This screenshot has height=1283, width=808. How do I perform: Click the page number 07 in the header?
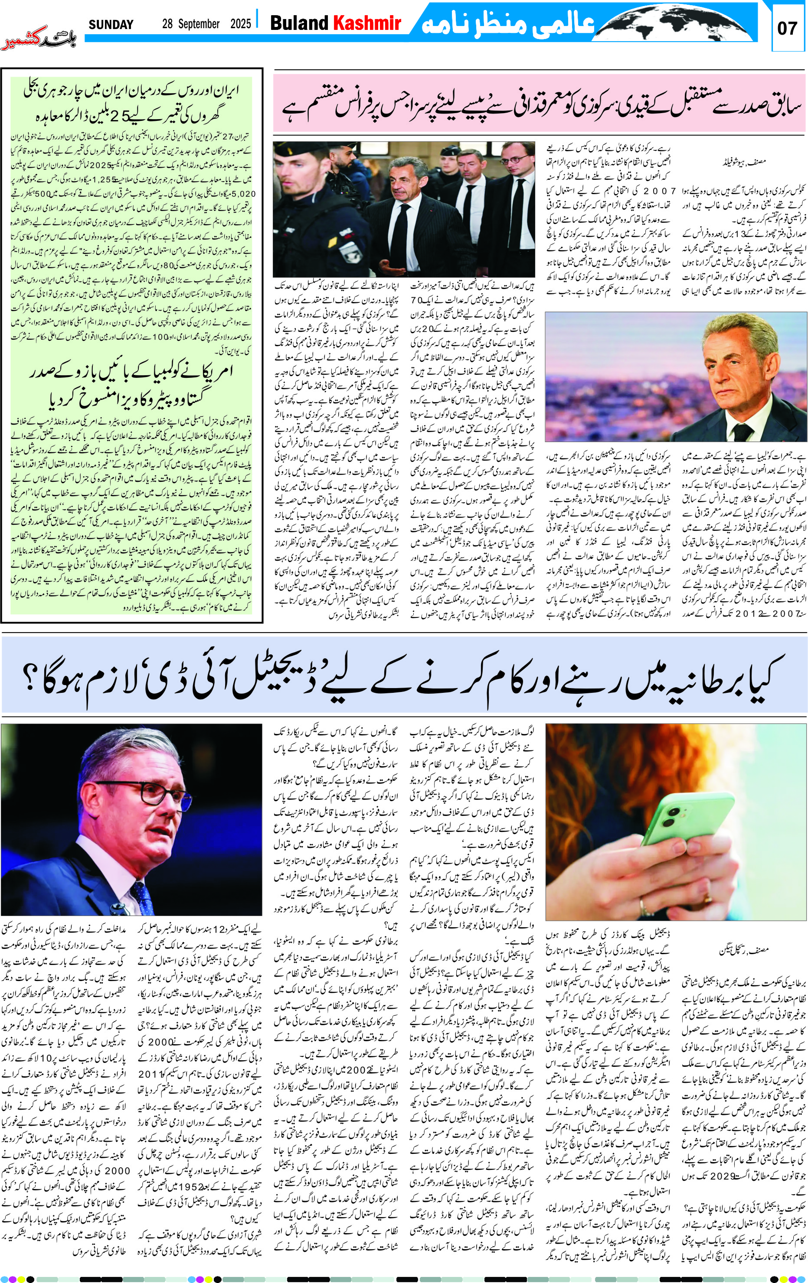point(787,28)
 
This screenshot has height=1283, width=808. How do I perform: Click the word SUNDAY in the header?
point(111,25)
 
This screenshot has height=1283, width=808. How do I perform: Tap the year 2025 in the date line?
point(241,24)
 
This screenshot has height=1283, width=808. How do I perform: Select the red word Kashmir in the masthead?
point(367,23)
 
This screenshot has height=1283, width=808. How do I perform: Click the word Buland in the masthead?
point(299,23)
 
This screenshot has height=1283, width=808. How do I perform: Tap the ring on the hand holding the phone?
point(644,905)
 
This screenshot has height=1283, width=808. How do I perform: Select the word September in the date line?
point(198,24)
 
